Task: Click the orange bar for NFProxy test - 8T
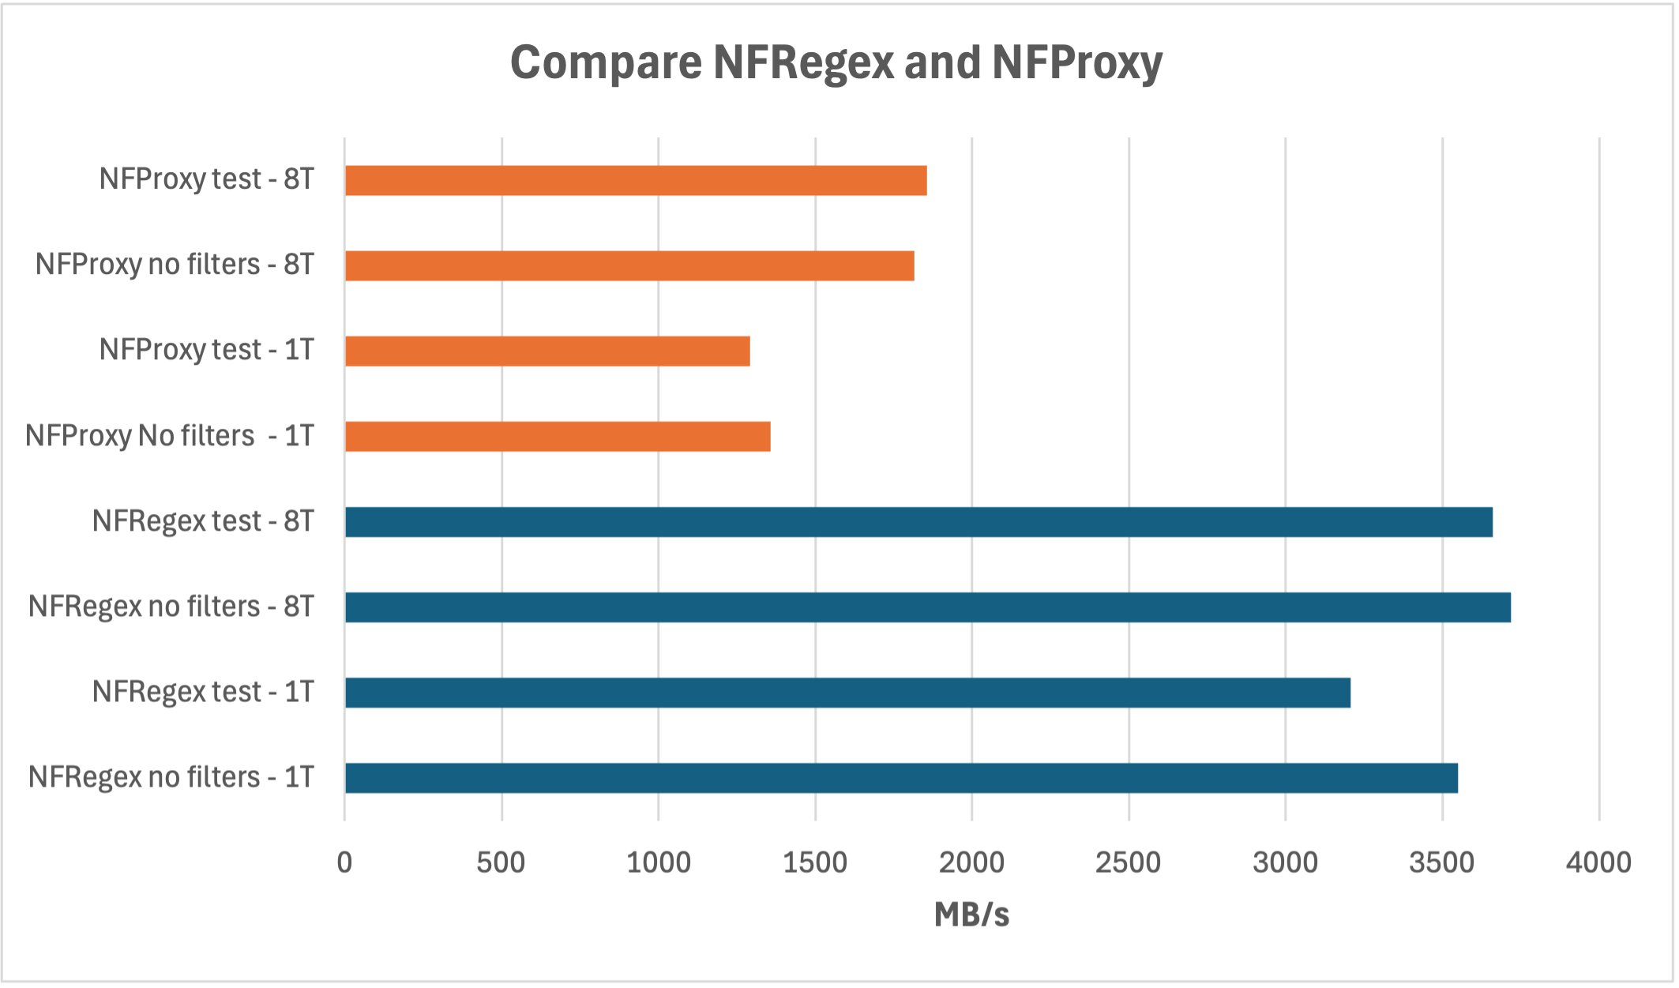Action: (636, 180)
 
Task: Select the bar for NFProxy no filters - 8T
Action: (629, 265)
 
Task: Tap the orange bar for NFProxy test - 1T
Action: (547, 351)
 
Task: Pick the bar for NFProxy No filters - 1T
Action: (558, 436)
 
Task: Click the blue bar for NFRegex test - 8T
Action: (918, 522)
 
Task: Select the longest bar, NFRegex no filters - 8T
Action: (928, 607)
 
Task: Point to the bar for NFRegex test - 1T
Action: (847, 693)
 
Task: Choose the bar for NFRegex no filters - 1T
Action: (901, 778)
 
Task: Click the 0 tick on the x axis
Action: (344, 862)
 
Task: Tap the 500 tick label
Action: (501, 862)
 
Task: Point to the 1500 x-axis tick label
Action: (815, 862)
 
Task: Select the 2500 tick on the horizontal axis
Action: (1128, 862)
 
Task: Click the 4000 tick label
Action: (1598, 862)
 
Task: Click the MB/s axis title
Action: (971, 915)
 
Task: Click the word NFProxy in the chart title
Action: (1077, 62)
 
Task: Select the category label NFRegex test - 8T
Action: (203, 521)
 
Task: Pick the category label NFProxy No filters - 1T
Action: (170, 436)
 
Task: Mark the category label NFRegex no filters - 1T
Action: (171, 777)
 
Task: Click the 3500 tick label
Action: (1441, 862)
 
